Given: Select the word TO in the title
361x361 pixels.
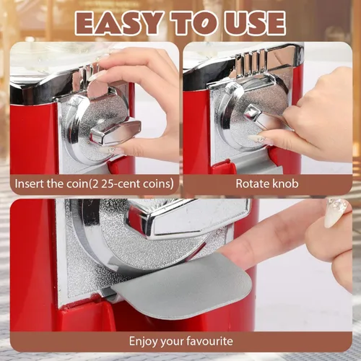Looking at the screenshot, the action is click(193, 23).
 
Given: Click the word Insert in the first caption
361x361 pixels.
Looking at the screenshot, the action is click(30, 183).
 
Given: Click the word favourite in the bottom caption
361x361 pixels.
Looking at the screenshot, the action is click(209, 341).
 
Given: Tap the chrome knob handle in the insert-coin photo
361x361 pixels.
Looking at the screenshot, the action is click(115, 133).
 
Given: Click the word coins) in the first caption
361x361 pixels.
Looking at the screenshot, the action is click(158, 183).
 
